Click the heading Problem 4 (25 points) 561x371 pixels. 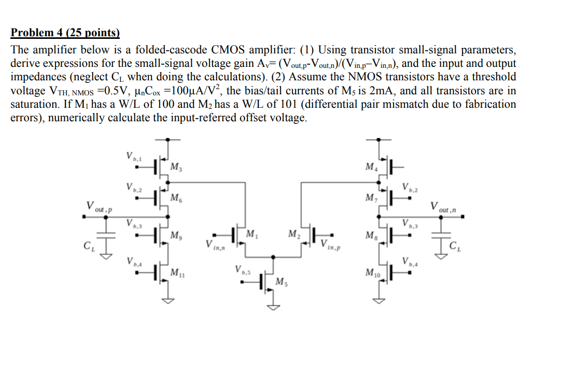click(65, 34)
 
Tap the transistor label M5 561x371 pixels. click(280, 282)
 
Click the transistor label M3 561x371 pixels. click(176, 167)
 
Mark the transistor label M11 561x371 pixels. click(177, 272)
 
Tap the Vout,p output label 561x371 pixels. click(99, 207)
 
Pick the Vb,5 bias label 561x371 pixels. click(242, 270)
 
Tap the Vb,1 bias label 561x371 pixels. click(132, 155)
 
